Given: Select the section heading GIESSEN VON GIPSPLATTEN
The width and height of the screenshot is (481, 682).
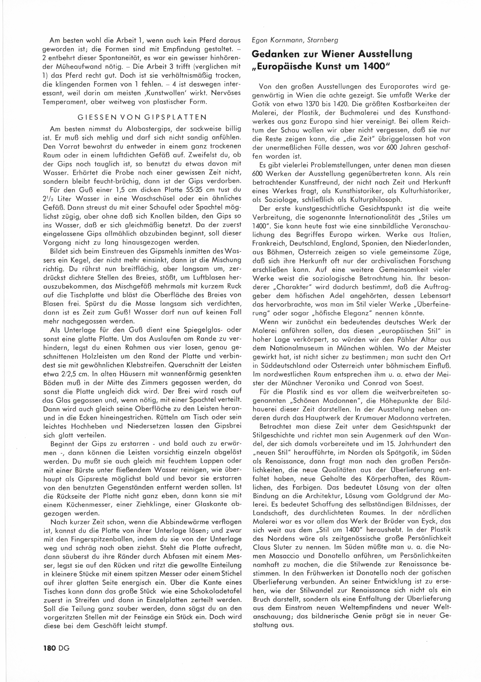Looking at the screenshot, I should click(142, 117).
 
